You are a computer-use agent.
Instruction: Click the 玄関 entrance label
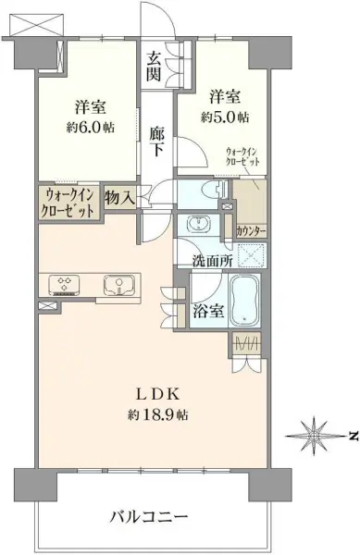(x=154, y=66)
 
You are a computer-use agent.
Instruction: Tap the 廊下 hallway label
(x=156, y=142)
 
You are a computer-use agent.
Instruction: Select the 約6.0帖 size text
(x=91, y=127)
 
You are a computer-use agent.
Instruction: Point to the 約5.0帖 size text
(x=225, y=117)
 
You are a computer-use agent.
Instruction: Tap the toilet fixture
(x=216, y=189)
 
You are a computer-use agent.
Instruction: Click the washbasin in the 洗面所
(x=199, y=224)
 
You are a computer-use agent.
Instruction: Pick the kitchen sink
(x=119, y=285)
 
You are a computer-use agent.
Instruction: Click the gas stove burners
(x=65, y=285)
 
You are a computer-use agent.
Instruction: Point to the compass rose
(x=314, y=435)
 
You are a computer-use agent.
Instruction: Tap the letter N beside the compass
(x=351, y=435)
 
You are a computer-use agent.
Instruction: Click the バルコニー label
(x=148, y=517)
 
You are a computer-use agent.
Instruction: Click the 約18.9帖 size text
(x=158, y=414)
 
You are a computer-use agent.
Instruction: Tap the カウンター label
(x=251, y=231)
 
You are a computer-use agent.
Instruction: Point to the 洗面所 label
(x=212, y=261)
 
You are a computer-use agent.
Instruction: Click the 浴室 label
(x=208, y=311)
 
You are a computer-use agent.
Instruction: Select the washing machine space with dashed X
(x=251, y=255)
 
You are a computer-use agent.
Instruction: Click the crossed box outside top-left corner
(x=36, y=25)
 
